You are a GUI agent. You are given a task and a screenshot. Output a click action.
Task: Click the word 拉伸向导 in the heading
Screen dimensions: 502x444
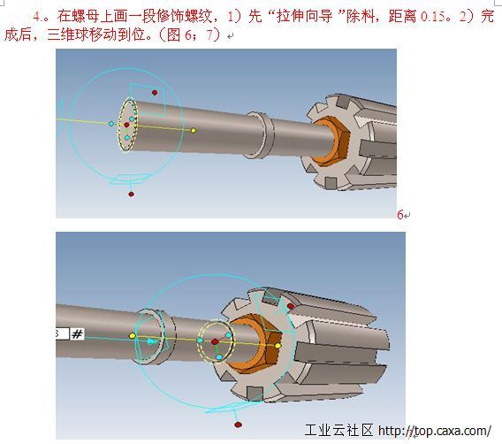coord(304,16)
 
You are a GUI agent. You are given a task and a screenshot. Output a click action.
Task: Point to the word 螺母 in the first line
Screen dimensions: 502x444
coord(86,16)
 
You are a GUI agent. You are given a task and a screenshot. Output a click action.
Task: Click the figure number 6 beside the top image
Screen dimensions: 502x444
coord(400,215)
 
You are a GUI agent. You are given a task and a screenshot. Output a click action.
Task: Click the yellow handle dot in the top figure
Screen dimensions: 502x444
coord(194,130)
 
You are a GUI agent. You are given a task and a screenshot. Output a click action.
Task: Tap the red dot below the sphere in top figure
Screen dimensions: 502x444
coord(131,194)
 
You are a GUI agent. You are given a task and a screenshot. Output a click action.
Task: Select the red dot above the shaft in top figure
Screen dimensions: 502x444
coord(155,93)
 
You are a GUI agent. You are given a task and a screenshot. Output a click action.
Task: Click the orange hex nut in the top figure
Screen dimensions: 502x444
coord(331,141)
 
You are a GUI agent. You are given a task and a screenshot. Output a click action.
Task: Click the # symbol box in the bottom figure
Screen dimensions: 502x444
coord(77,334)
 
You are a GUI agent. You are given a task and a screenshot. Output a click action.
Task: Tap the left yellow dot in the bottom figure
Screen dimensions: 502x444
coord(133,336)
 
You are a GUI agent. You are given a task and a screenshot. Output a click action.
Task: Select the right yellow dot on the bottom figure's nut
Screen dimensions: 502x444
coord(278,346)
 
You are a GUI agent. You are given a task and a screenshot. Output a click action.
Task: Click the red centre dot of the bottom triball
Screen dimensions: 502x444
coord(215,342)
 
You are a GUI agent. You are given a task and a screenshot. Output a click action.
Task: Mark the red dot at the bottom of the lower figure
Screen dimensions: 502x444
coord(238,425)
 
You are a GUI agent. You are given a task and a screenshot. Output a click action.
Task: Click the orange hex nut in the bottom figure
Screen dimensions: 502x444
coord(255,344)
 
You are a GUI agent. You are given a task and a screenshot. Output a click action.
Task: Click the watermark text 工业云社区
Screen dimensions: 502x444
coord(339,430)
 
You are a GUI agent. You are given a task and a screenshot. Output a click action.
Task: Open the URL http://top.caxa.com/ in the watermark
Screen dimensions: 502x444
coord(435,431)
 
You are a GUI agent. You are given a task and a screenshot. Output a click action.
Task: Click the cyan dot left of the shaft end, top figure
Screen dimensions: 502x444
coord(111,124)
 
